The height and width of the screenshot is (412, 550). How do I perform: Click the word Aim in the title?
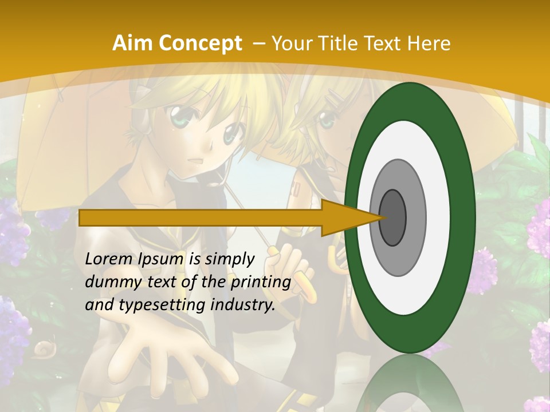point(133,43)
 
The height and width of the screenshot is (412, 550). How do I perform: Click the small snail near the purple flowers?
point(44,348)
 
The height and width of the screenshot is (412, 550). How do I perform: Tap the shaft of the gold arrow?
point(201,218)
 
